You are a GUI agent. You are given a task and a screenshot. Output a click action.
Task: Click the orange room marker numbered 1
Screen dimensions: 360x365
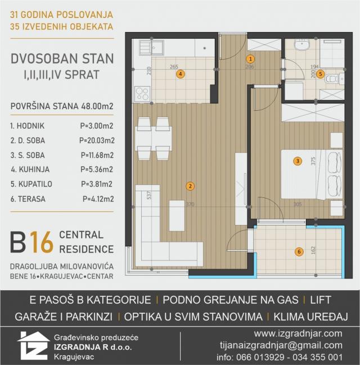click(x=250, y=59)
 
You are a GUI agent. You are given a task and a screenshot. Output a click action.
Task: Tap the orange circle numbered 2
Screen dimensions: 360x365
click(x=190, y=186)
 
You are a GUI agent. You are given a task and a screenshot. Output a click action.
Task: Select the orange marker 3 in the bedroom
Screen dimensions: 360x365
click(x=298, y=161)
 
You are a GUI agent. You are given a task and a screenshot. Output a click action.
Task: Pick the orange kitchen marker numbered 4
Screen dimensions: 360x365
click(x=181, y=74)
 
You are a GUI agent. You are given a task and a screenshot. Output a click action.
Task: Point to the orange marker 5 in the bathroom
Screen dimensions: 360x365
click(x=321, y=74)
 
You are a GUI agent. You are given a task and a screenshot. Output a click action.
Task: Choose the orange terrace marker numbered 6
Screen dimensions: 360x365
click(x=299, y=251)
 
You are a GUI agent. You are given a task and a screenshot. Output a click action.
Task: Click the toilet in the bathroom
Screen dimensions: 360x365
click(x=334, y=79)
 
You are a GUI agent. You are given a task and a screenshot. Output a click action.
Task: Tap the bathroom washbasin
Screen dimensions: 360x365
click(x=302, y=44)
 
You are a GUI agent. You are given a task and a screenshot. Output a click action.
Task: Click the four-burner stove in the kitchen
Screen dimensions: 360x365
click(x=142, y=94)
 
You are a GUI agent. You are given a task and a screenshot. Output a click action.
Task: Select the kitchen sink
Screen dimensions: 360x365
click(x=152, y=48)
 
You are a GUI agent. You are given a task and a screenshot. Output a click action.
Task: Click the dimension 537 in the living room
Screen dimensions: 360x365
click(x=149, y=195)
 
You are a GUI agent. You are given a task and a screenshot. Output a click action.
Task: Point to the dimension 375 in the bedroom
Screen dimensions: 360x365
click(x=313, y=161)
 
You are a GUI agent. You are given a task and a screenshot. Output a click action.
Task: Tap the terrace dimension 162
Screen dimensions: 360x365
click(x=313, y=250)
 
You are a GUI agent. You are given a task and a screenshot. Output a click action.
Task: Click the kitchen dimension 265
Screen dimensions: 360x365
click(x=174, y=67)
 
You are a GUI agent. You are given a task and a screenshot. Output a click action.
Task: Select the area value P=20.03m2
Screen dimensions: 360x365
click(x=97, y=141)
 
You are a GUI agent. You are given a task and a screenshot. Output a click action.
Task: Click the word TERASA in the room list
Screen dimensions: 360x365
click(x=31, y=199)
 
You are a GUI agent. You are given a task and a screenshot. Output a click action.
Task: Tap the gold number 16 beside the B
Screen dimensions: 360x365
click(x=42, y=242)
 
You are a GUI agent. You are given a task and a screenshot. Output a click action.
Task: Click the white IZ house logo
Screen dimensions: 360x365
click(x=33, y=346)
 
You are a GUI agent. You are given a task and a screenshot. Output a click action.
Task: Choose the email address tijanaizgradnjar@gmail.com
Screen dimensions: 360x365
click(x=281, y=345)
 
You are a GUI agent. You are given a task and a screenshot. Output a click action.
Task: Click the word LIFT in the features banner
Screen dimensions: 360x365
click(x=321, y=300)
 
